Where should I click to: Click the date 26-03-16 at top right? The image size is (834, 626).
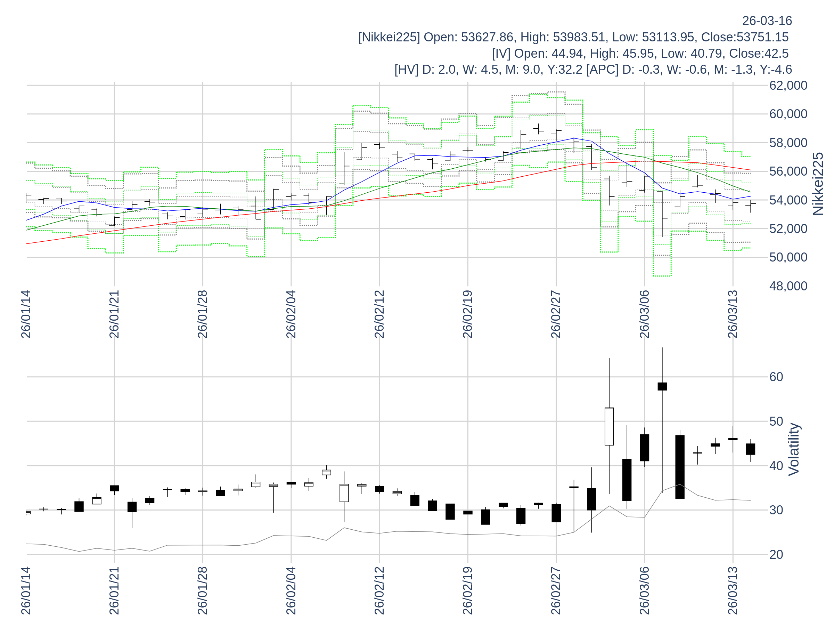[767, 21]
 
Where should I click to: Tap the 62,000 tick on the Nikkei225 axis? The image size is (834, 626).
[788, 86]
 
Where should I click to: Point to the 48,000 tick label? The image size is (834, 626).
[788, 286]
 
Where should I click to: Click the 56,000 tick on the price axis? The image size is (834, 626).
[788, 171]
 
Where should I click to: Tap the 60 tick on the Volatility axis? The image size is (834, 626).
[776, 377]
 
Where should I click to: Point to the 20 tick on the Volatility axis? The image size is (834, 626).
[776, 555]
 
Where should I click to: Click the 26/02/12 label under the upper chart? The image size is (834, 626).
[379, 314]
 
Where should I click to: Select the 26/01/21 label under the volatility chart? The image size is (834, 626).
[114, 591]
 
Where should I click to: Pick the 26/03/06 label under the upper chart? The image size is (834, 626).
[644, 314]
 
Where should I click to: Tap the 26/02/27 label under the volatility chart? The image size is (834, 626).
[556, 591]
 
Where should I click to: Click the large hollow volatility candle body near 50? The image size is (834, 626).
[609, 426]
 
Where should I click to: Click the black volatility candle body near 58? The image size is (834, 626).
[662, 386]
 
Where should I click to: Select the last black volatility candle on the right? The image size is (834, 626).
[751, 449]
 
